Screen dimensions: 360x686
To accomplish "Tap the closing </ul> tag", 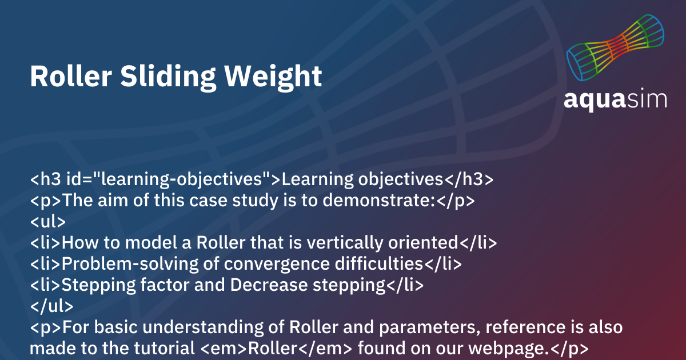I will click(51, 306).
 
